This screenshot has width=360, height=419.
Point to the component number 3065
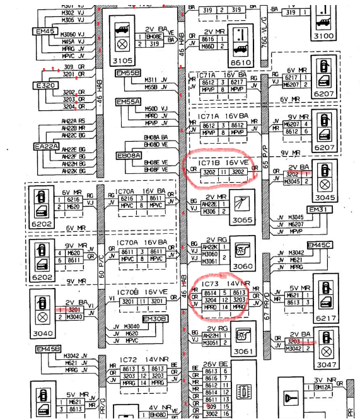pyautogui.click(x=241, y=221)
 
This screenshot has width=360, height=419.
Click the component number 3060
pyautogui.click(x=241, y=267)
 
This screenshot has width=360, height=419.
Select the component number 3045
pyautogui.click(x=326, y=197)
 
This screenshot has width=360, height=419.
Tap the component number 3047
pyautogui.click(x=325, y=365)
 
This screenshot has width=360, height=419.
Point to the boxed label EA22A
pyautogui.click(x=46, y=147)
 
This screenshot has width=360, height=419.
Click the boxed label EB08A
pyautogui.click(x=129, y=154)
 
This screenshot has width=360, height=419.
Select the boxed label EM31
pyautogui.click(x=318, y=209)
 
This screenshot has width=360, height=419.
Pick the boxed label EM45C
pyautogui.click(x=319, y=245)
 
